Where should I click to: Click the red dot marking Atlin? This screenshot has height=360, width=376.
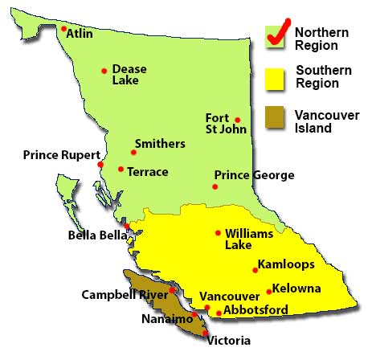point(63,29)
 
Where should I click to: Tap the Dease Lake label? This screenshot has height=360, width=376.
point(129,75)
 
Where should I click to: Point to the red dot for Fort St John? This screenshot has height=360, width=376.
point(237,120)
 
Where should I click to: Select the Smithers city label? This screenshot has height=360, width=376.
point(160,144)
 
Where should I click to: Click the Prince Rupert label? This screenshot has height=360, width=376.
point(61,155)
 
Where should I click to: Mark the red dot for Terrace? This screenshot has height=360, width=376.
point(121,169)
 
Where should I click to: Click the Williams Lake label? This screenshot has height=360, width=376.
point(244,238)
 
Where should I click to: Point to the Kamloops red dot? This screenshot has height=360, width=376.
point(255,269)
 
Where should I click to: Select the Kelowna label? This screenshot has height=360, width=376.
point(297,288)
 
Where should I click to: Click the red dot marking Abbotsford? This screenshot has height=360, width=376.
point(219,313)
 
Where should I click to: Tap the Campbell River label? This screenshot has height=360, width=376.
point(124,294)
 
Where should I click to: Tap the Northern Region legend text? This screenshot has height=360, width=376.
point(321,39)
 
